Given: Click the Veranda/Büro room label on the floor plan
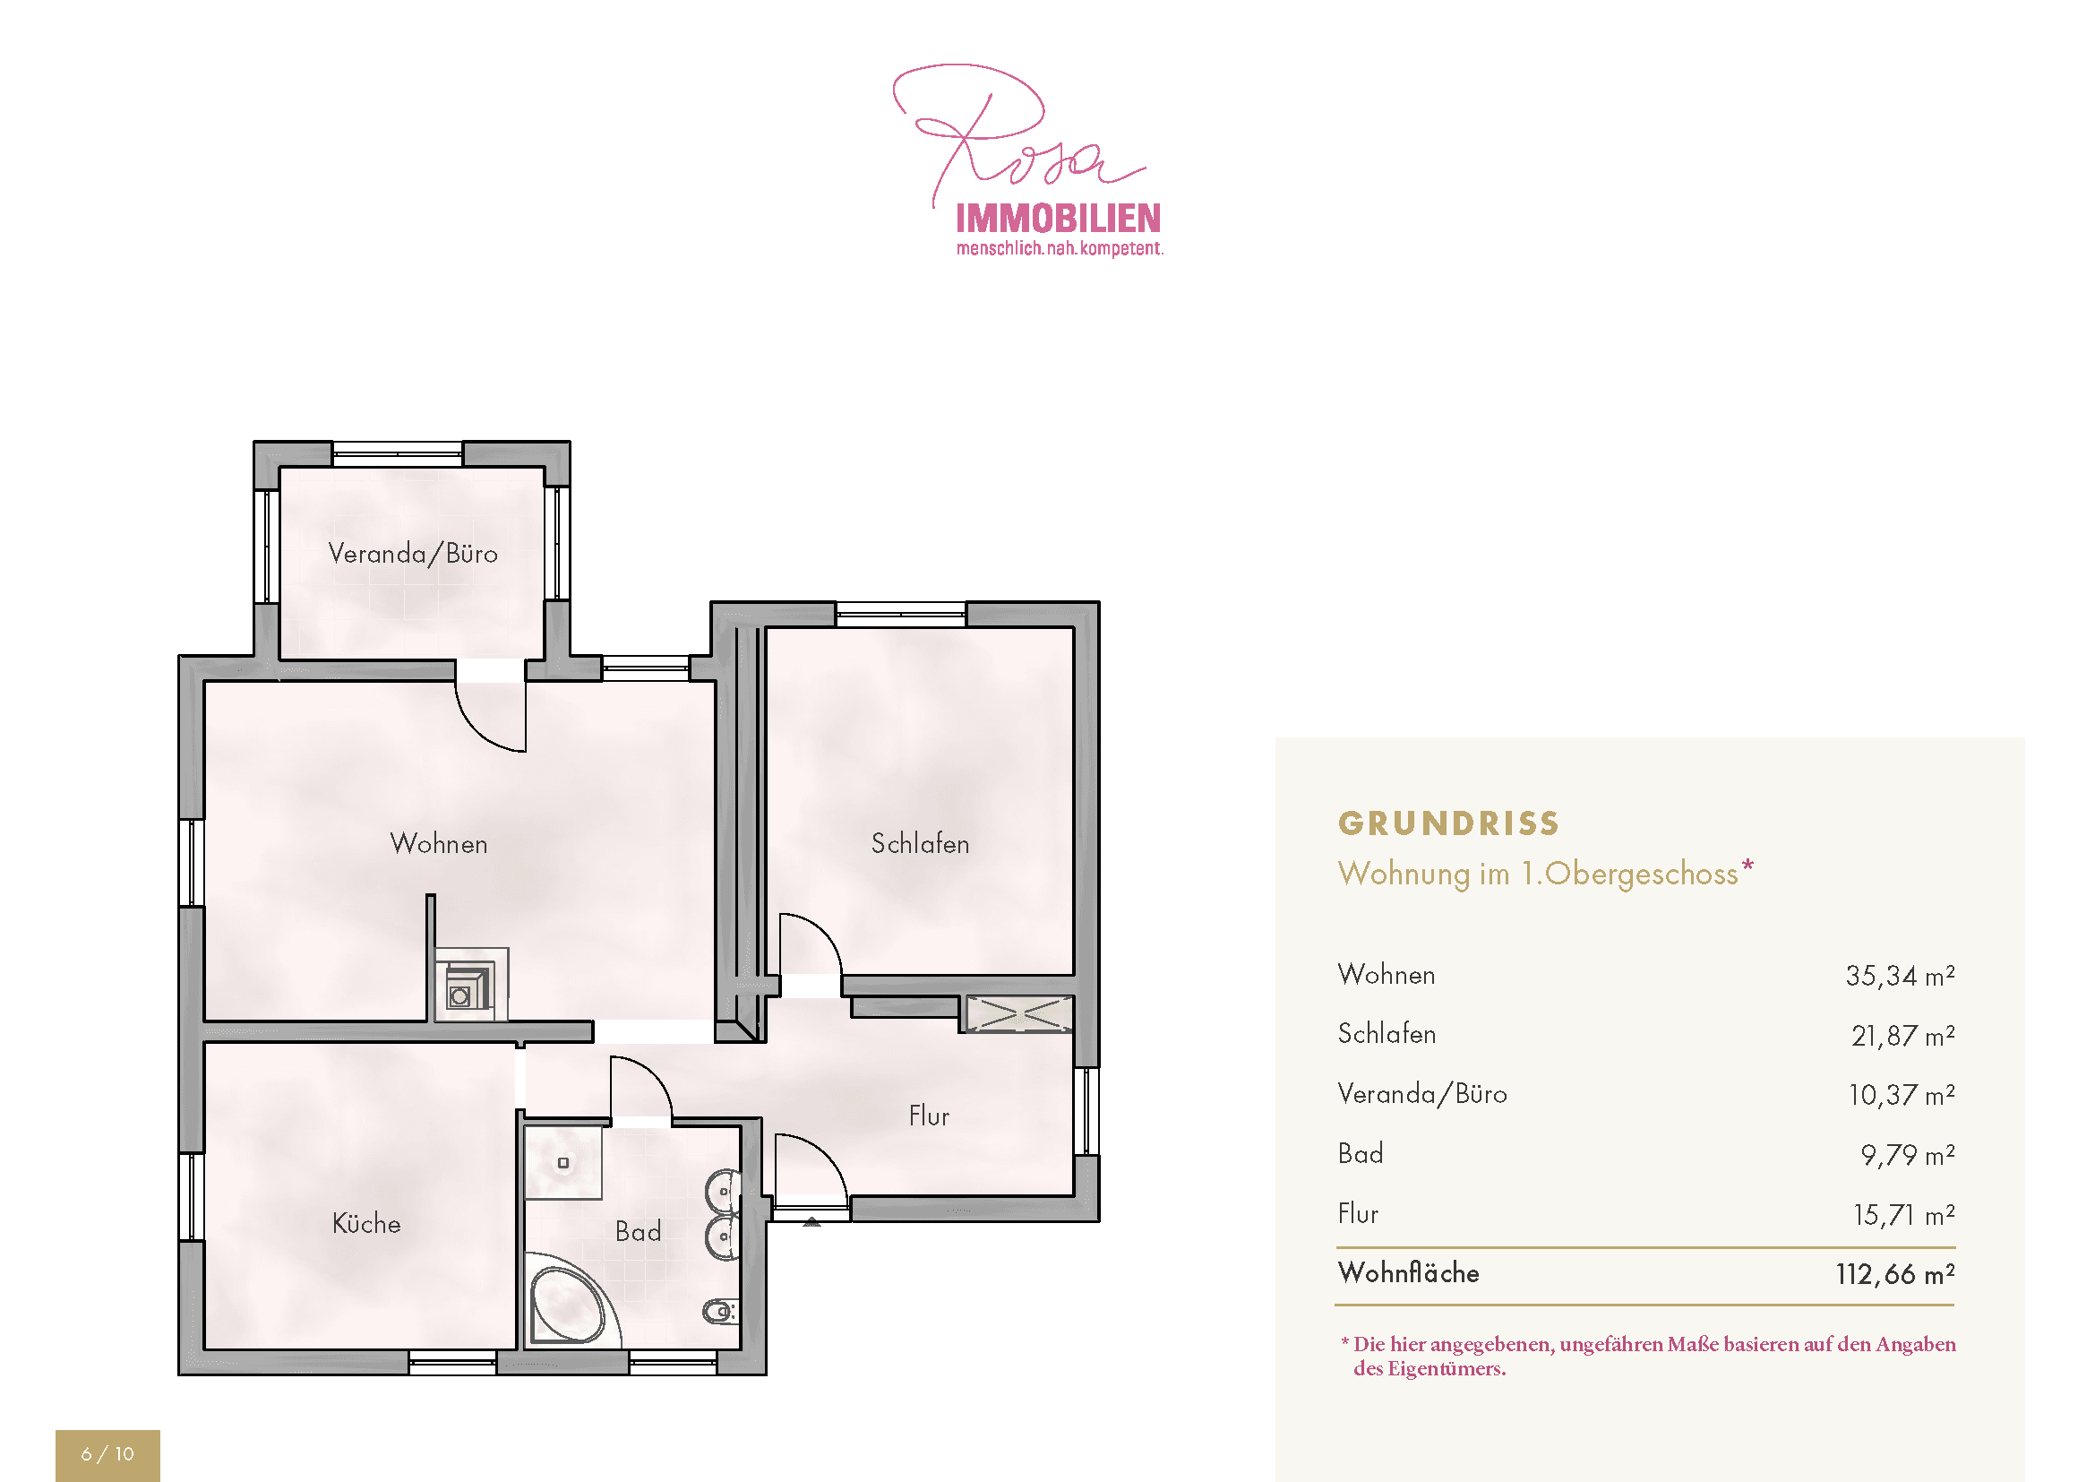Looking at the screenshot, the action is (412, 554).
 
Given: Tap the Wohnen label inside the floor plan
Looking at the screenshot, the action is (439, 843).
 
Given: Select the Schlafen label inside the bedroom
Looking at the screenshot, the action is (920, 843).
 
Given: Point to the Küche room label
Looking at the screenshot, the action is (367, 1223).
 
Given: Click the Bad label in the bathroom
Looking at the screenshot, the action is (638, 1232).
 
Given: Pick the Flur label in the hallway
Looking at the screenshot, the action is (929, 1116).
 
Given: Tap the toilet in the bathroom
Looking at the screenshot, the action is (720, 1313).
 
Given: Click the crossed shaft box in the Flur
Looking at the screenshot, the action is (1019, 1014).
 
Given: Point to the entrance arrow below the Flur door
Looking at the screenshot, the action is (811, 1221).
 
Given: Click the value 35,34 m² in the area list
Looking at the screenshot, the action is (1900, 976).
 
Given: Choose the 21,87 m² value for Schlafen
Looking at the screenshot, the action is (1902, 1036).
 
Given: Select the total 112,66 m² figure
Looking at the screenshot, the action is (1895, 1274).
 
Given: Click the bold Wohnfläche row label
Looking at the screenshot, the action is (1408, 1273).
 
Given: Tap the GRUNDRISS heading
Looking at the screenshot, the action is (1449, 823).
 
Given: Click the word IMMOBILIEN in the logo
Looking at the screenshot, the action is (1059, 219).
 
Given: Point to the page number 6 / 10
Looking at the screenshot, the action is (107, 1453).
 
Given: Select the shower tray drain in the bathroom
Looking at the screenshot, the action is (563, 1163).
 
